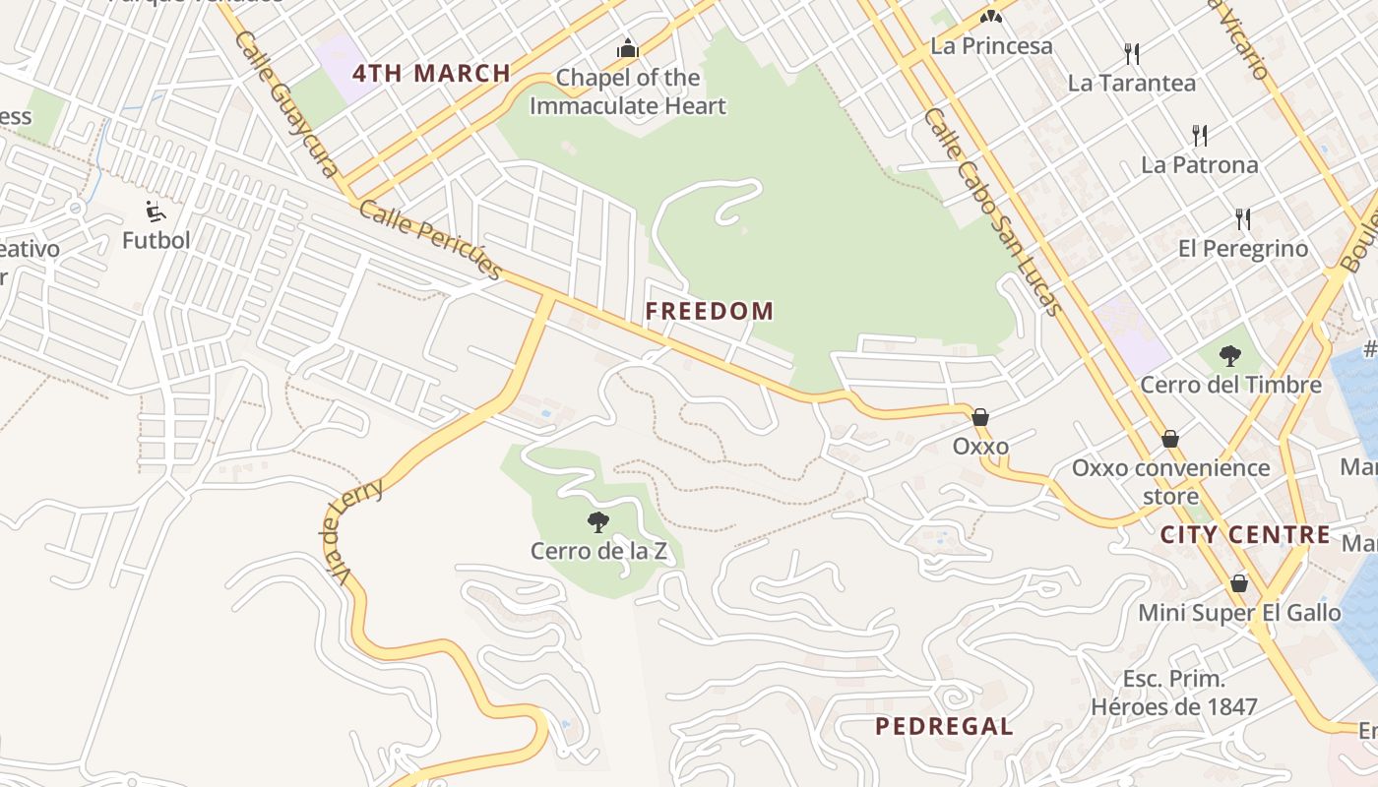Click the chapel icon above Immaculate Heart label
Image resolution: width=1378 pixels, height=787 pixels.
(x=627, y=48)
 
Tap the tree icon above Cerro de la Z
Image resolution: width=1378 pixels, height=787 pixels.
(x=597, y=522)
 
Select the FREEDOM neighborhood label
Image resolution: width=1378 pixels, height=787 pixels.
(x=709, y=312)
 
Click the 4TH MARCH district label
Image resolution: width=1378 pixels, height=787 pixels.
(x=431, y=73)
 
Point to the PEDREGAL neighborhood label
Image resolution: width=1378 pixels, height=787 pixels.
(x=944, y=727)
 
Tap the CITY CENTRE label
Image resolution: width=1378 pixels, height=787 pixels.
(x=1245, y=535)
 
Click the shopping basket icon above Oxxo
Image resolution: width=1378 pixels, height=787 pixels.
(x=979, y=417)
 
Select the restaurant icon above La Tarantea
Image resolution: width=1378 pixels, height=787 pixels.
(x=1132, y=53)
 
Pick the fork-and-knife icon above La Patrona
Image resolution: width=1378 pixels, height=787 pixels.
(x=1199, y=135)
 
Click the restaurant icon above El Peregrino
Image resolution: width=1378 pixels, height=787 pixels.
(x=1243, y=218)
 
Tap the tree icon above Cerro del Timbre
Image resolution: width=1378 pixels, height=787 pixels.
(x=1229, y=356)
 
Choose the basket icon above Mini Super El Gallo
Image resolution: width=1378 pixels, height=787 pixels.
(x=1239, y=583)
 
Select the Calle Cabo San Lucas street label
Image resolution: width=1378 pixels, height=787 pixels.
(x=993, y=211)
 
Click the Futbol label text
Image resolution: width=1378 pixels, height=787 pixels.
(x=157, y=240)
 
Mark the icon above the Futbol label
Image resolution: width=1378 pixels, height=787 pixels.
(x=156, y=212)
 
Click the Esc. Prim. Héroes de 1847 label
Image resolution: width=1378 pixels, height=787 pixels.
(x=1173, y=693)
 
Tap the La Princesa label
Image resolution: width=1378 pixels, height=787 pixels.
(x=991, y=46)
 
